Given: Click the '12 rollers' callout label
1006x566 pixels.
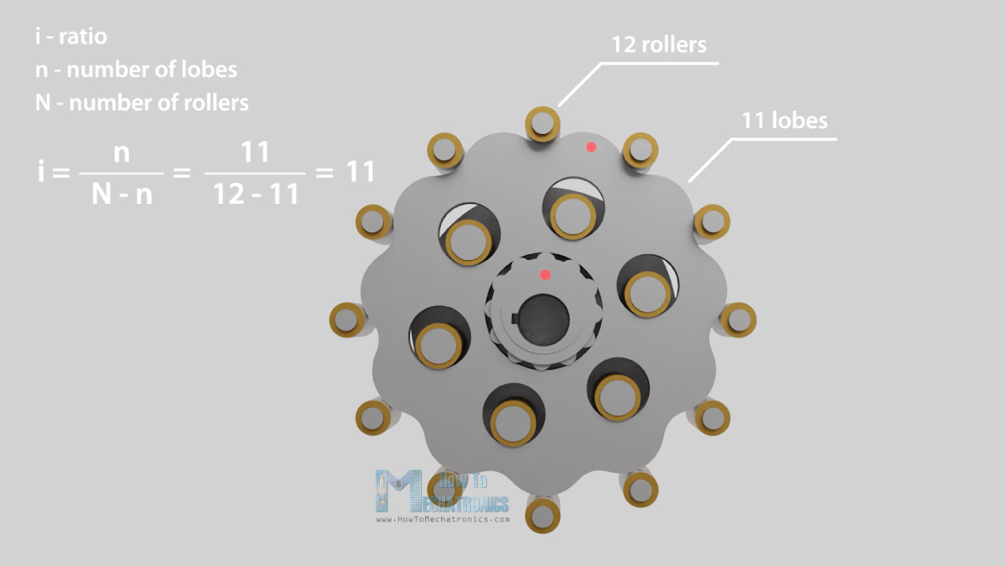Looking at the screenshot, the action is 659,44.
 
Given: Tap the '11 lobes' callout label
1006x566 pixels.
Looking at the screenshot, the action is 784,121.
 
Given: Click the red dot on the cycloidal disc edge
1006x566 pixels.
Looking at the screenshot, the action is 591,147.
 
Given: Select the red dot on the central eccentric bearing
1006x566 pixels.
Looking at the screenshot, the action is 545,275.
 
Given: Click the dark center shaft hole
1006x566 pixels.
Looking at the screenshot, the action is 543,319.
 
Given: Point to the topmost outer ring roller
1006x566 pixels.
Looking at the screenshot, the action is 542,124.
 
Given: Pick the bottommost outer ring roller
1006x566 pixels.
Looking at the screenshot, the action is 542,516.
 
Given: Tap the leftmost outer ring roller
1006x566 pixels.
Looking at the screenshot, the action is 347,319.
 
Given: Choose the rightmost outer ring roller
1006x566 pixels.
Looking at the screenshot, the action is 739,319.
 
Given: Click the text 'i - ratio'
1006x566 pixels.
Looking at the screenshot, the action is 71,36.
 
